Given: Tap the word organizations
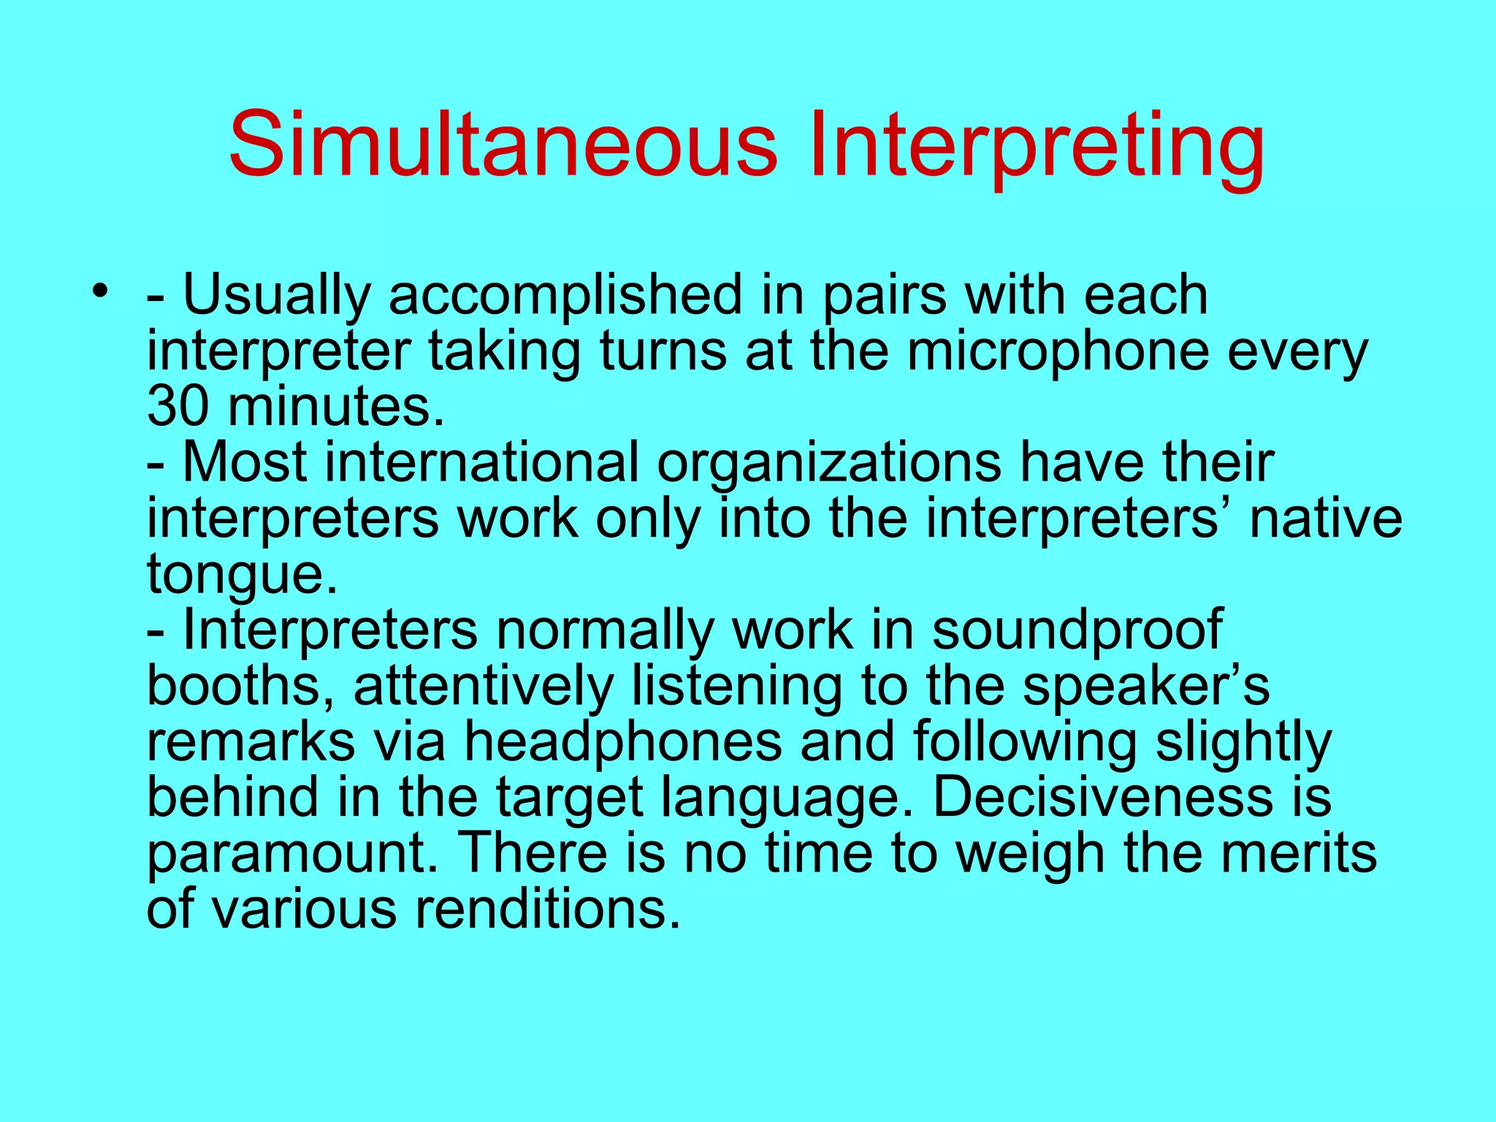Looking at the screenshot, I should [829, 463].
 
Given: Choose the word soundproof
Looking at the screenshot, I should [1077, 630].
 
